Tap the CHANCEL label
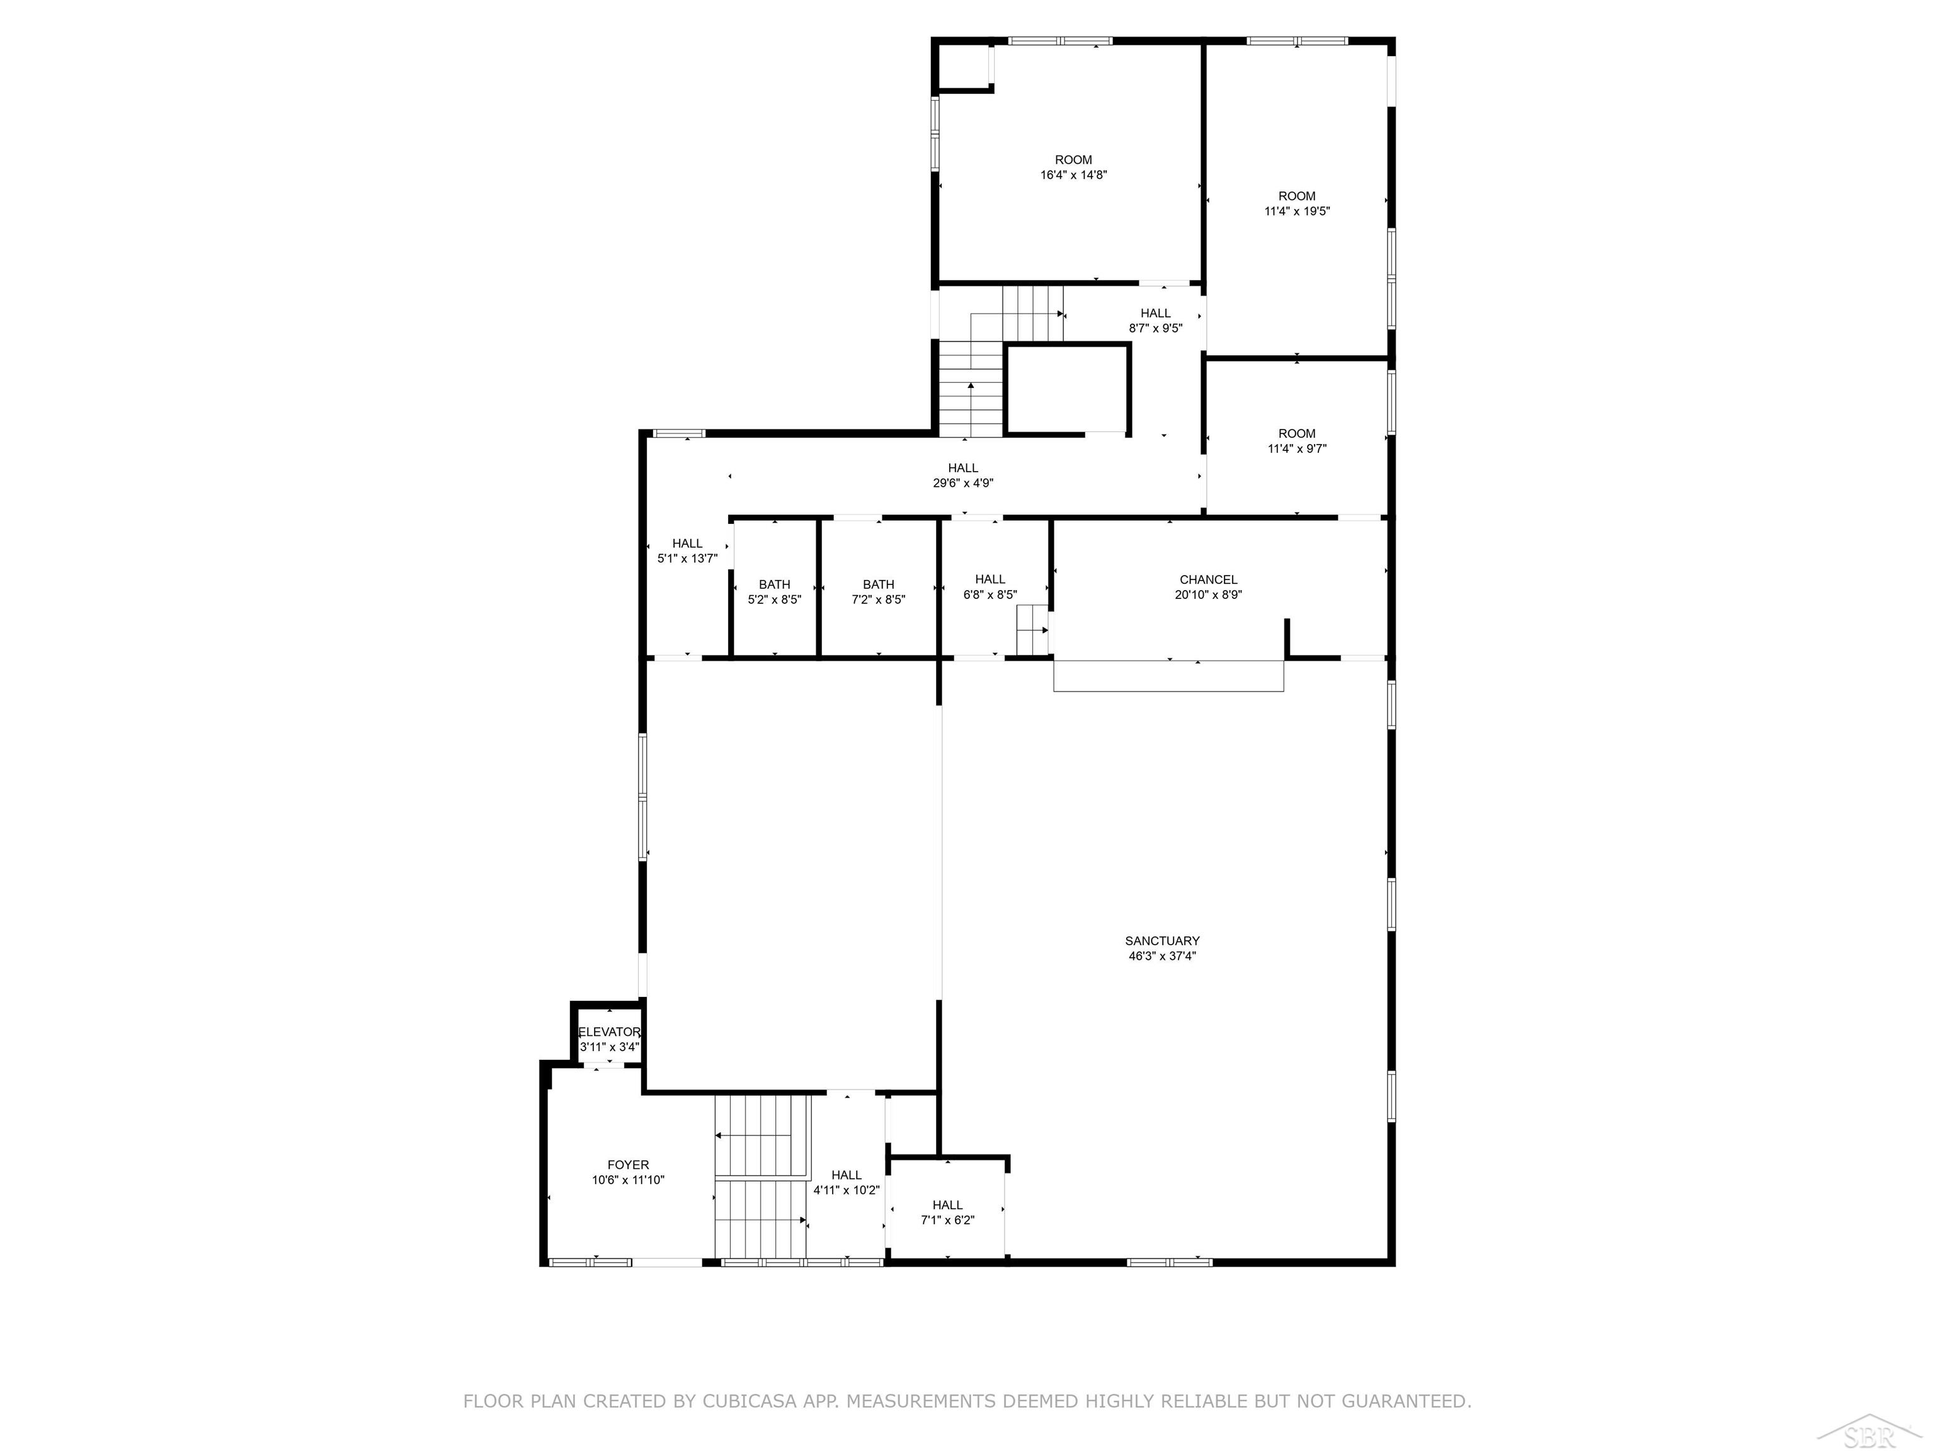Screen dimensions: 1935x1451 pos(1208,580)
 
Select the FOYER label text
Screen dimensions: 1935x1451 pos(628,1165)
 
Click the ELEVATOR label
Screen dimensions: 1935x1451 pos(610,1032)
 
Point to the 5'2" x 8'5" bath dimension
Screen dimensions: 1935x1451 pos(774,600)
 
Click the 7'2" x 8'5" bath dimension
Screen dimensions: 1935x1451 pos(878,600)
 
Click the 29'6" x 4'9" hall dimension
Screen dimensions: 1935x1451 pos(962,483)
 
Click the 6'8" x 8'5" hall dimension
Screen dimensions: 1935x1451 pos(990,595)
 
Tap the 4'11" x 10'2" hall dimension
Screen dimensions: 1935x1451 pos(846,1190)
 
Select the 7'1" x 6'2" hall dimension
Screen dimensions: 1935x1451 pos(947,1220)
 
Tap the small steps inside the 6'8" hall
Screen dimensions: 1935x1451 pos(1032,630)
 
